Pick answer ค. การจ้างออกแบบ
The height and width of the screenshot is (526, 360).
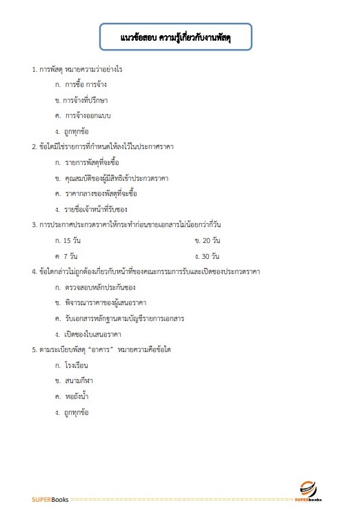pos(87,115)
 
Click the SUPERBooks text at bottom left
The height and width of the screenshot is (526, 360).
pos(50,500)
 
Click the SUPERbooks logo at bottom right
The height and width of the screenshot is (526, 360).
pos(308,491)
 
